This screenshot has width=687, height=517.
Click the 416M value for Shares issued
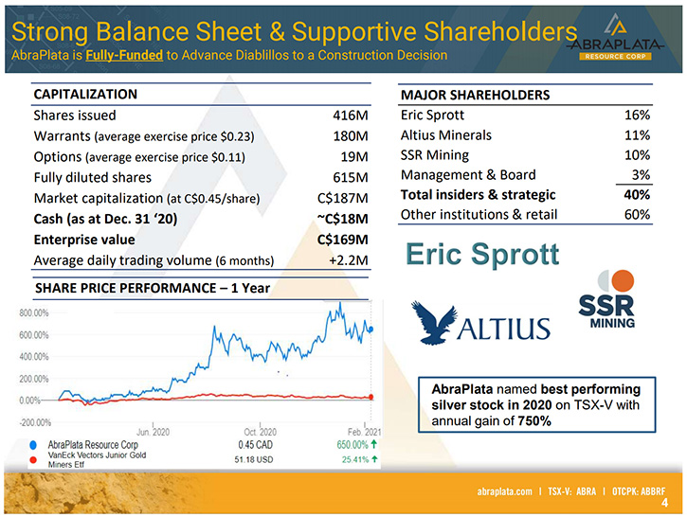[350, 116]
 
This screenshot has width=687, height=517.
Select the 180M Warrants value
[351, 136]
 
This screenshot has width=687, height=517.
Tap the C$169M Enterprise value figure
[343, 240]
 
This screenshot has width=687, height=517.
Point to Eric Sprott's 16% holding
[637, 115]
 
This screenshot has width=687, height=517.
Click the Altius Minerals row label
[446, 134]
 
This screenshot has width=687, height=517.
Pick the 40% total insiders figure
[637, 194]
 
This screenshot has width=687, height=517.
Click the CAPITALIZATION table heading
[85, 94]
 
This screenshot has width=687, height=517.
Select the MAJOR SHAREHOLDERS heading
[475, 95]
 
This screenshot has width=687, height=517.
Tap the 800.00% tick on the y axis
[34, 313]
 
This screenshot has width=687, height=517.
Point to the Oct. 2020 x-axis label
[261, 432]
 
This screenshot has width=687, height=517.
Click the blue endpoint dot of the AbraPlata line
[371, 330]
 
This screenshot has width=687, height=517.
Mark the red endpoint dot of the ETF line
[371, 397]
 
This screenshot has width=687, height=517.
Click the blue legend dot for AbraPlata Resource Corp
[33, 445]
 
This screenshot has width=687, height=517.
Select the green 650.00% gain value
[353, 445]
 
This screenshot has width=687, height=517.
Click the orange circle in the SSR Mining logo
[623, 280]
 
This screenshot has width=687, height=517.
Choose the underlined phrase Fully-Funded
[124, 55]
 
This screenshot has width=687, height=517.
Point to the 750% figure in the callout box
[534, 421]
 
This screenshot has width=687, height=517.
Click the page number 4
[664, 503]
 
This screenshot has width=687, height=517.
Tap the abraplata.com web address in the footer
[505, 491]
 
